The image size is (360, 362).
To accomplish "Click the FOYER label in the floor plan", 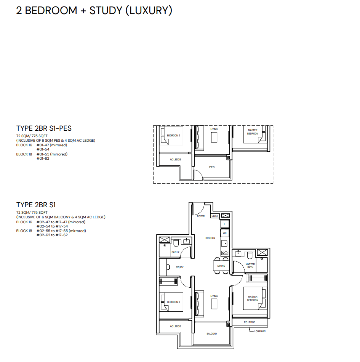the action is tap(201, 216).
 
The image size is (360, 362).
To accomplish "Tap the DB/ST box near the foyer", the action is tap(214, 216).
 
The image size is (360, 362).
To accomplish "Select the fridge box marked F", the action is tap(224, 224).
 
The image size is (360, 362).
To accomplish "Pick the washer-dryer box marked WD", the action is tap(224, 233).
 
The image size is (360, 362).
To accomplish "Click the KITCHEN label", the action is tap(210, 238).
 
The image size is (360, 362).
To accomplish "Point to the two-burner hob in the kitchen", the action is tap(225, 253).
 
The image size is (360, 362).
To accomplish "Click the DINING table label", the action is tap(221, 266).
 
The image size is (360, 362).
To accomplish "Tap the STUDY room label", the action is tap(180, 267).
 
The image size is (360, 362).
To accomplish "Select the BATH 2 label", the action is tap(175, 252).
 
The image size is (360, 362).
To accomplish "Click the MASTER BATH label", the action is tap(250, 266).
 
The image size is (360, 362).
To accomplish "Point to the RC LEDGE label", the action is tap(250, 322).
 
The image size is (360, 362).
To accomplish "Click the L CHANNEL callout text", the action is tap(260, 331).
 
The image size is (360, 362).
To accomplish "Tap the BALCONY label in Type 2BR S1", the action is tap(212, 333).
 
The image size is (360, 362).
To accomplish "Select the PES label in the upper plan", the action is tap(212, 167).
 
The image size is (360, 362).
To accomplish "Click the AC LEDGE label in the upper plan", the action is tap(175, 160).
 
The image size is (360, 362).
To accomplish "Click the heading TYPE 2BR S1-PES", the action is tap(44, 128).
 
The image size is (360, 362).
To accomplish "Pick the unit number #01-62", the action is tap(43, 159).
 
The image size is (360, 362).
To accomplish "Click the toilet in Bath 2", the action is tap(176, 243).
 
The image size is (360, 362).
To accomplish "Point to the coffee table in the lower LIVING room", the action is tap(214, 304).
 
